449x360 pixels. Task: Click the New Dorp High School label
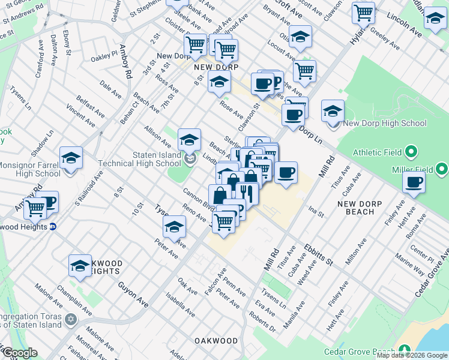pos(384,123)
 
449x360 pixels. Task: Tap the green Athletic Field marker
pos(411,152)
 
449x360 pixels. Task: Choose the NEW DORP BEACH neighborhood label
pos(364,208)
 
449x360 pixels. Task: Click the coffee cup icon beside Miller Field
pos(414,182)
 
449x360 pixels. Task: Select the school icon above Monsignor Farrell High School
pos(71,158)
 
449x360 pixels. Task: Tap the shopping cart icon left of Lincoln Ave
pos(363,12)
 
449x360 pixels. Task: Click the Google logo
pos(20,353)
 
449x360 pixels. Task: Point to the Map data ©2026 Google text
pos(411,355)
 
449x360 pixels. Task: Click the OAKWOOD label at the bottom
pos(216,341)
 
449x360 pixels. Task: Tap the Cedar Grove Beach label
pos(359,352)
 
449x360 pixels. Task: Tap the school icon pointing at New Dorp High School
pos(333,112)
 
